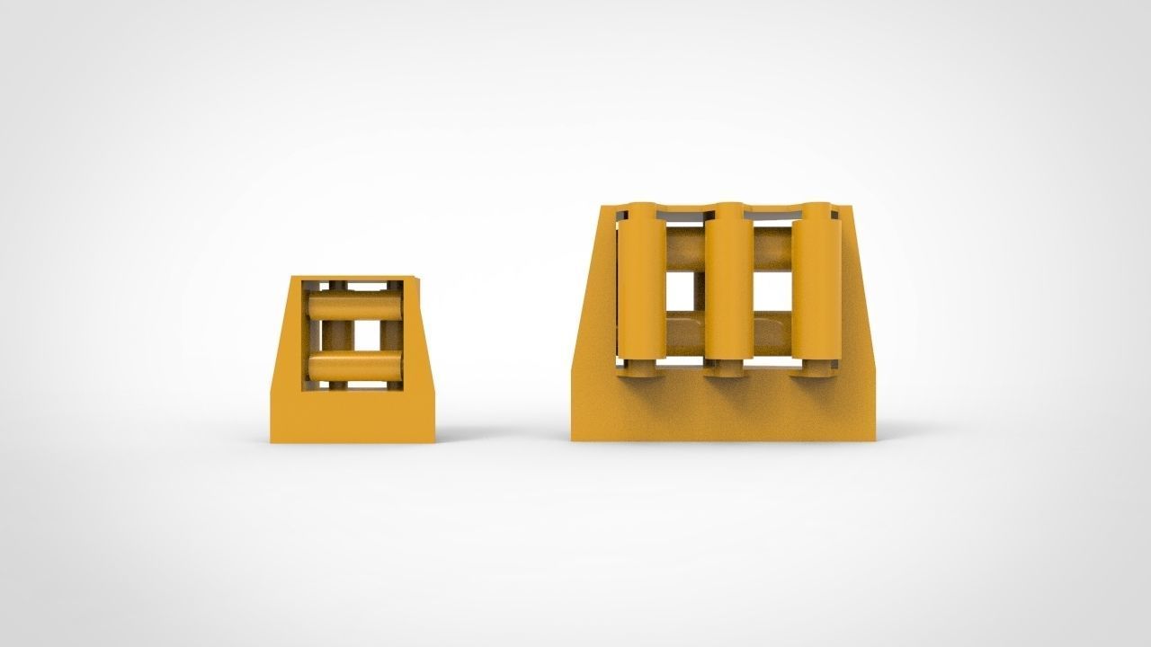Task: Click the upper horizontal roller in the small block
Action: [353, 306]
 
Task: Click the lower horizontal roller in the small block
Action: [353, 366]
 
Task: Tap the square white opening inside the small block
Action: [366, 335]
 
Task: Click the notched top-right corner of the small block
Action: [415, 278]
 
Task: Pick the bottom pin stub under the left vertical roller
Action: [640, 368]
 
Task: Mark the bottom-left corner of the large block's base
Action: [573, 439]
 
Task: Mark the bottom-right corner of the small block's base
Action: [433, 441]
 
